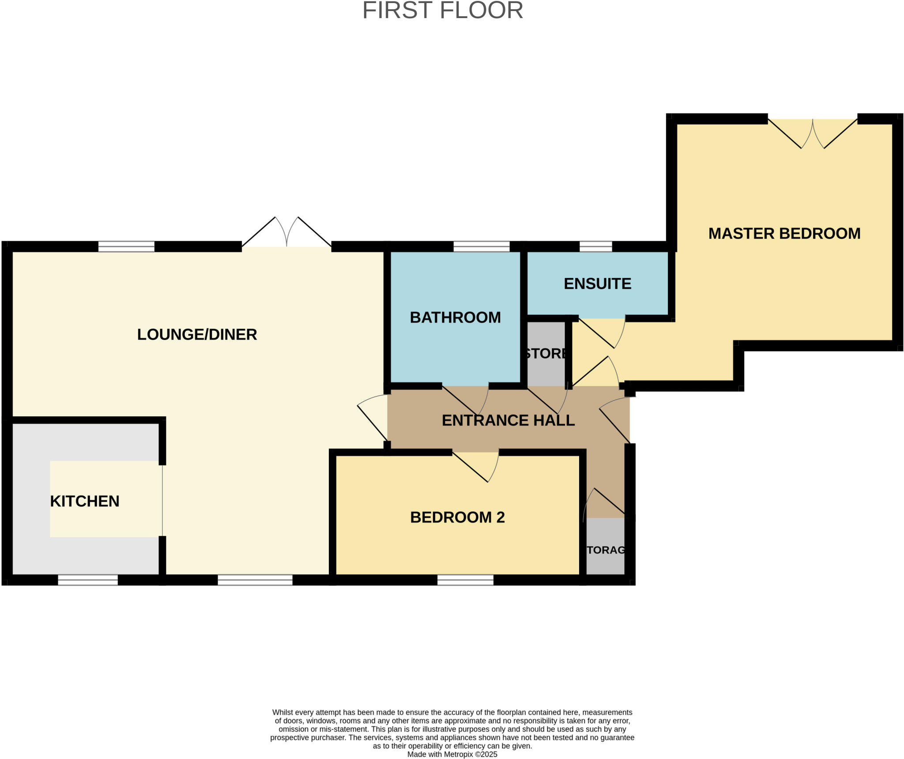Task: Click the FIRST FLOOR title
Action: pyautogui.click(x=442, y=11)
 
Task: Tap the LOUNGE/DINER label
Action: pyautogui.click(x=197, y=334)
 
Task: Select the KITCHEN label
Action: pyautogui.click(x=85, y=501)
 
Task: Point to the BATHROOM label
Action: pyautogui.click(x=455, y=318)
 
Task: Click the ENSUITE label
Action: pyautogui.click(x=597, y=284)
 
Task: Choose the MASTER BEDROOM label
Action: pyautogui.click(x=784, y=233)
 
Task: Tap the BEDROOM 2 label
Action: pyautogui.click(x=457, y=517)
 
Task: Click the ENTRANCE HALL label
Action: pyautogui.click(x=508, y=420)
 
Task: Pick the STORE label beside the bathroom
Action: pyautogui.click(x=546, y=353)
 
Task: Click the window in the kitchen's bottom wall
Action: pyautogui.click(x=88, y=580)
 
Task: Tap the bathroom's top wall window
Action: pyautogui.click(x=481, y=246)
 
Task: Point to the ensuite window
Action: pyautogui.click(x=595, y=246)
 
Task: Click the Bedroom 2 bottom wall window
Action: pyautogui.click(x=465, y=580)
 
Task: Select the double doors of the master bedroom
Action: pyautogui.click(x=812, y=132)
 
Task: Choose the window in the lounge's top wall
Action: pyautogui.click(x=126, y=246)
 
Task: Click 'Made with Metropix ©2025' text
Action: pyautogui.click(x=452, y=754)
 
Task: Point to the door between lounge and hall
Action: pyautogui.click(x=372, y=419)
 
